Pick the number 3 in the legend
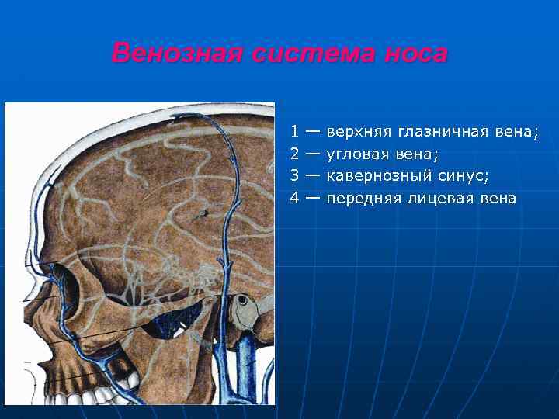pos(295,175)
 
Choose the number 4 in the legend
pos(295,198)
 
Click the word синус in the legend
pos(464,175)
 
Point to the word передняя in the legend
pos(363,198)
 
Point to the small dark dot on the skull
pos(203,211)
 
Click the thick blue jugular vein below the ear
pos(248,365)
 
